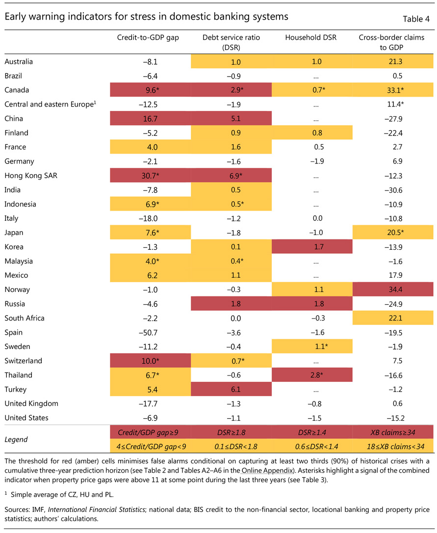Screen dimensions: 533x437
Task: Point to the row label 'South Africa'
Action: click(x=24, y=318)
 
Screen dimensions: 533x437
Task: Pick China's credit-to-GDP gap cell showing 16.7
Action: click(x=150, y=118)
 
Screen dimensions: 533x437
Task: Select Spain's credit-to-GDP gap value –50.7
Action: click(x=149, y=332)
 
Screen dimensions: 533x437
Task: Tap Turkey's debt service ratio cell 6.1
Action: click(x=231, y=389)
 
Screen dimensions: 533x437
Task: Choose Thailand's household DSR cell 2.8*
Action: click(x=312, y=374)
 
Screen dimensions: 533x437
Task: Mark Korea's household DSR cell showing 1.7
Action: click(x=312, y=246)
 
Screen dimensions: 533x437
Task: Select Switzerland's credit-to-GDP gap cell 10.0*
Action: click(x=150, y=360)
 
